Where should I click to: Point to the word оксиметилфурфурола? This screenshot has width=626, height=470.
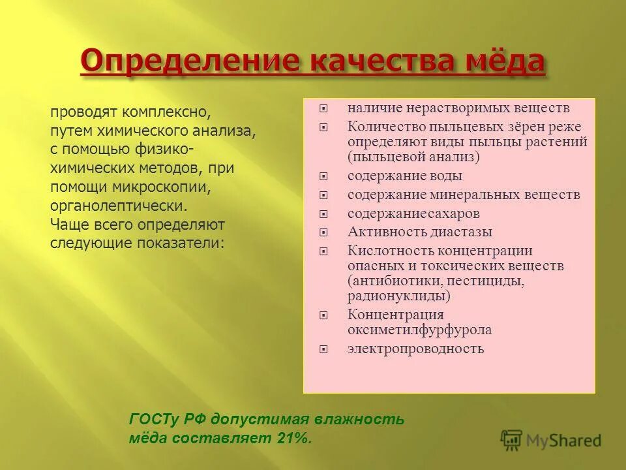pos(419,330)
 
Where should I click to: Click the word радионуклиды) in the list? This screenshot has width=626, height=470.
pos(399,296)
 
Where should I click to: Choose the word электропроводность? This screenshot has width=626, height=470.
pos(415,349)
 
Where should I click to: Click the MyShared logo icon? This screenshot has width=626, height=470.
pos(512,441)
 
